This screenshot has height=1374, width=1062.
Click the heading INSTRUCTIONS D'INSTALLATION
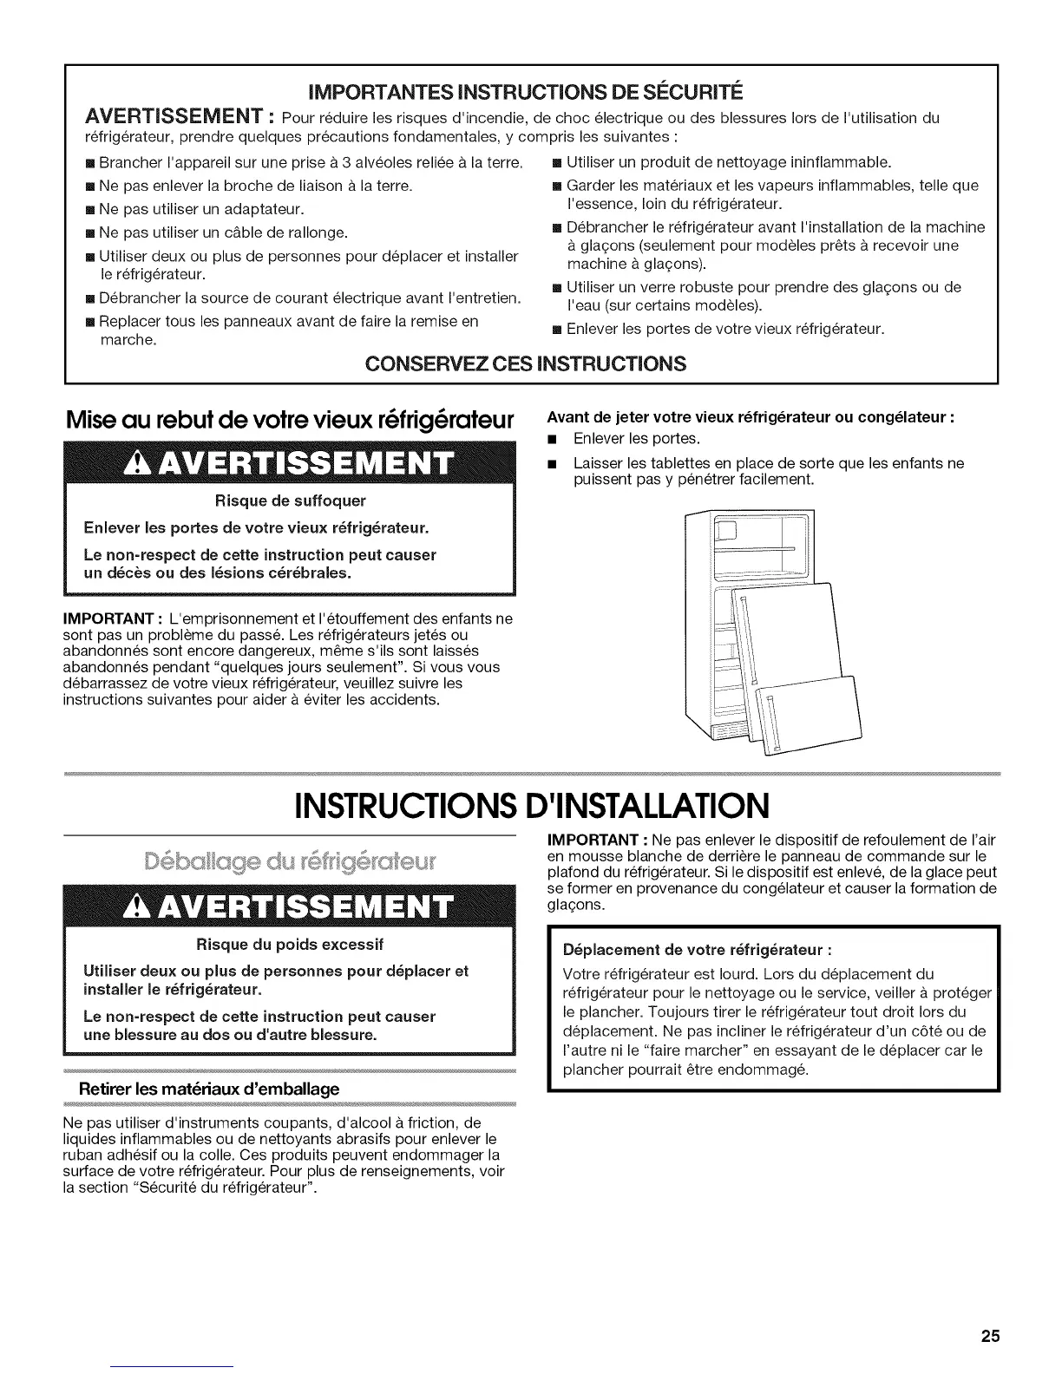(531, 805)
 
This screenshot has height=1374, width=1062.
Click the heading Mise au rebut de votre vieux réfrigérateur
(292, 417)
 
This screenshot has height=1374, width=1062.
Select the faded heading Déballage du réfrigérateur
(291, 863)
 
